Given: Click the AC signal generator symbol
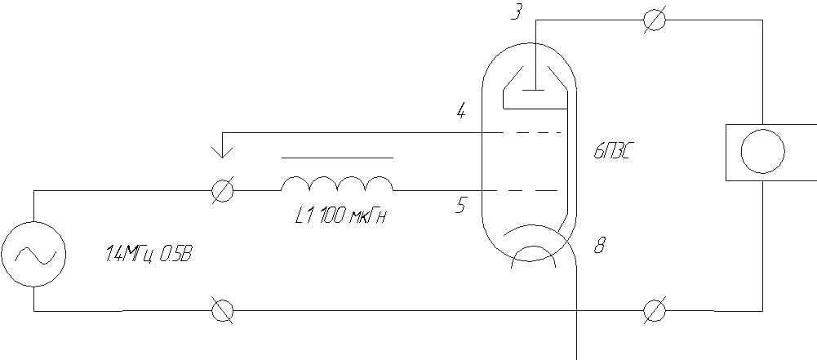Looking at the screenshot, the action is click(x=33, y=255).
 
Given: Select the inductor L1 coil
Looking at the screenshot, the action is click(x=337, y=184).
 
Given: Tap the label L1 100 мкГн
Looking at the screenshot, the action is click(x=340, y=214).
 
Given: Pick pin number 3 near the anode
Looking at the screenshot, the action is click(x=516, y=11).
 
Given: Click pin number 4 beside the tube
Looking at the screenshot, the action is click(x=461, y=112).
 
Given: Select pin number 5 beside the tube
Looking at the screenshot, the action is click(x=460, y=205).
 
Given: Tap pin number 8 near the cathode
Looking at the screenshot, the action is click(x=600, y=245).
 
